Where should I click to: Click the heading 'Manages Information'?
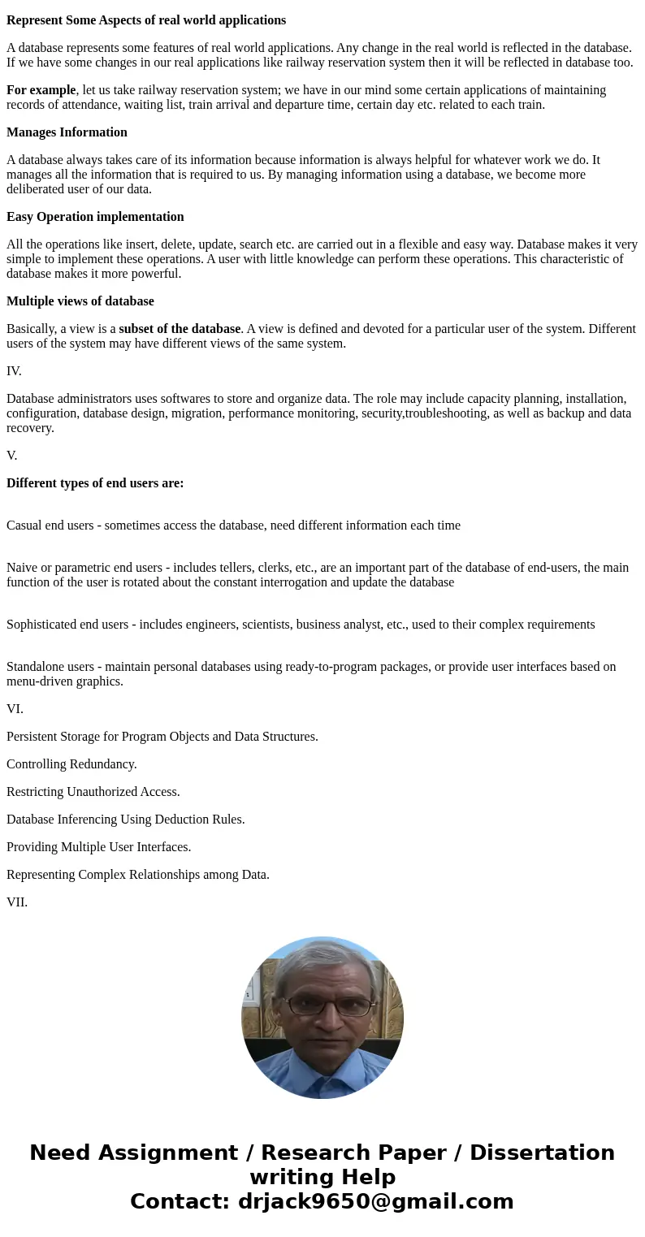coord(67,132)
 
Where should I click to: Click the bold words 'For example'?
coord(41,90)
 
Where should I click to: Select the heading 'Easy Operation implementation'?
coord(95,217)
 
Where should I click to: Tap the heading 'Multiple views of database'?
coord(80,301)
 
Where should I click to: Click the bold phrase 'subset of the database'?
coord(180,329)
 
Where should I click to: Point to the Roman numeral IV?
coord(14,371)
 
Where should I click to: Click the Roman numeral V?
coord(11,456)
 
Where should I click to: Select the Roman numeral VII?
coord(17,902)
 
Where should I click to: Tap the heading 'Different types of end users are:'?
coord(95,483)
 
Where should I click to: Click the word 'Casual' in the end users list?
coord(24,526)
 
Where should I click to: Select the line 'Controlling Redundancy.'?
coord(71,764)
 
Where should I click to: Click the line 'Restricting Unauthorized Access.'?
coord(93,792)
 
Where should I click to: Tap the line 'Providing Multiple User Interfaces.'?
coord(98,847)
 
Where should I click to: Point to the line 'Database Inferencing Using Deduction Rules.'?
coord(125,820)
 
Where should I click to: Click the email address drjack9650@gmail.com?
coord(375,1201)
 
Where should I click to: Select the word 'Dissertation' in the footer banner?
coord(542,1153)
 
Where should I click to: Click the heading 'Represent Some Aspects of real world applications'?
coord(146,20)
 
